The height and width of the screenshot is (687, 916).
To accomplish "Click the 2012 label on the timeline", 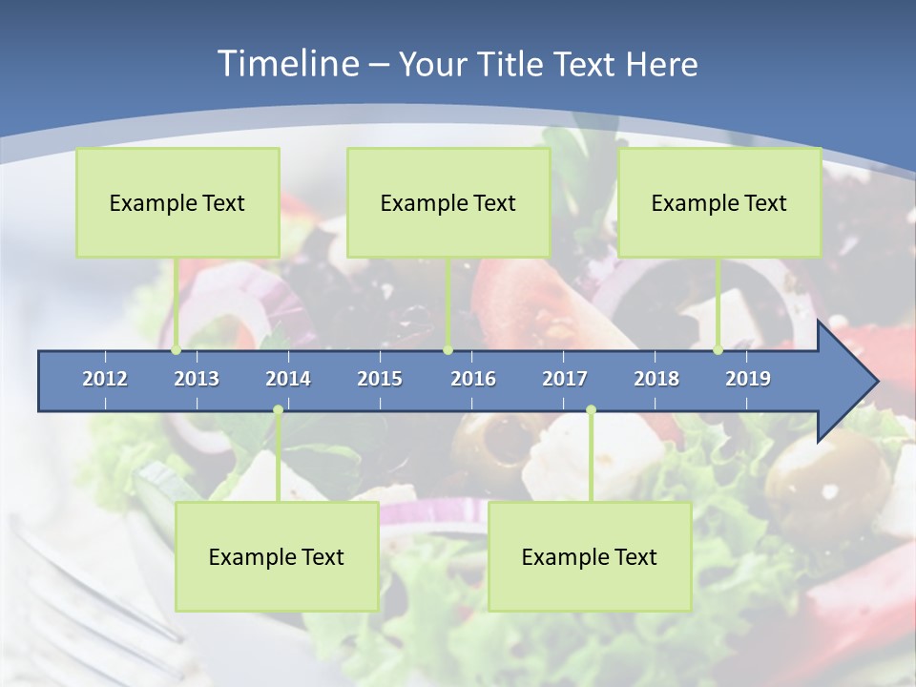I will (x=105, y=379).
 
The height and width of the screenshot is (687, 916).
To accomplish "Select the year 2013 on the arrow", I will (x=197, y=379).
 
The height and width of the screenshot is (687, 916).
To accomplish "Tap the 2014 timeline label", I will (x=288, y=379).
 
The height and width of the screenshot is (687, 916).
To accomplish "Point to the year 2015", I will (x=380, y=379).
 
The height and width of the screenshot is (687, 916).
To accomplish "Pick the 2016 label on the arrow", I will (x=473, y=379).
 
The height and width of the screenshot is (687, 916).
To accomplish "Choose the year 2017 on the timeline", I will (x=565, y=379).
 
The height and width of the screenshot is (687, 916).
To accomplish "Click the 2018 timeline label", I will (x=656, y=379).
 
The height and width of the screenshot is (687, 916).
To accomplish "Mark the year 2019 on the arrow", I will (x=748, y=379).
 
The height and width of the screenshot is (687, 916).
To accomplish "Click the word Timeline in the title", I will (x=286, y=64).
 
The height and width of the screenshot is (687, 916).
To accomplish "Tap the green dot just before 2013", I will (x=177, y=350).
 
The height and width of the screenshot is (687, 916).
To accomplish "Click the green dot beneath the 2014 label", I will (x=278, y=410).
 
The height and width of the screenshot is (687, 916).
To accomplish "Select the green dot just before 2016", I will (x=448, y=350).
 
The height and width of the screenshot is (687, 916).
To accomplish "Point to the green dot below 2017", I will (x=591, y=410).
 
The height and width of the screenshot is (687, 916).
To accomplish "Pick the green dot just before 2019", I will (x=718, y=350).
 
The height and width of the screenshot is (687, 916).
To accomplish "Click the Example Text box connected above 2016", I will (x=448, y=202).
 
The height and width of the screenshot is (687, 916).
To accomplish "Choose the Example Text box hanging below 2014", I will (x=277, y=556).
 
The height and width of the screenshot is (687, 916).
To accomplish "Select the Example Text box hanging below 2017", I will (x=590, y=556).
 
